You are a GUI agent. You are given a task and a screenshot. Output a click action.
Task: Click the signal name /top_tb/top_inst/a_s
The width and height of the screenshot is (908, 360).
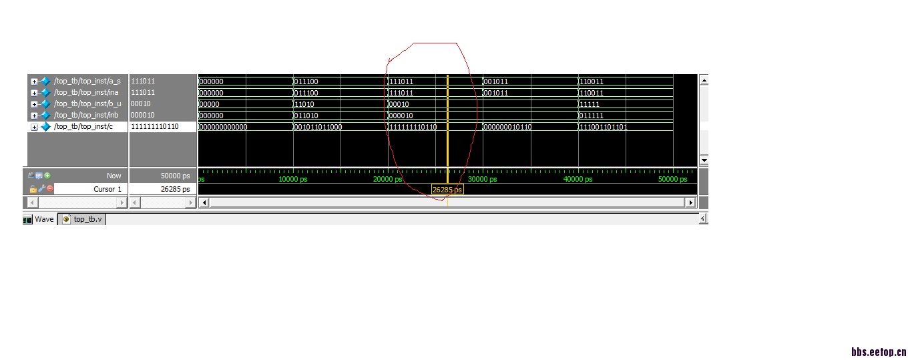tap(87, 81)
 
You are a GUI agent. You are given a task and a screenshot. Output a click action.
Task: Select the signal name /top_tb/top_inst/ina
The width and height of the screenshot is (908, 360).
tap(86, 92)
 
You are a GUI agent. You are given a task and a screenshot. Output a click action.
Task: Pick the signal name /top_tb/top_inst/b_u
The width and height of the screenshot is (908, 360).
tap(87, 104)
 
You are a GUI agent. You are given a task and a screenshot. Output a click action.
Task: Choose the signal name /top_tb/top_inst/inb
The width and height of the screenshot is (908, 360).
tap(86, 115)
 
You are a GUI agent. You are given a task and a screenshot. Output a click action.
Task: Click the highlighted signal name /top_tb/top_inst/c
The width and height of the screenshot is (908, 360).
tap(83, 126)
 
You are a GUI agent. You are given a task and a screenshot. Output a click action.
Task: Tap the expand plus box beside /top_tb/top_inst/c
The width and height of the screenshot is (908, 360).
tap(34, 127)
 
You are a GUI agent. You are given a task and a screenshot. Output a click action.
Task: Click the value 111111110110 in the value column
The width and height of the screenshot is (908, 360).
tap(154, 126)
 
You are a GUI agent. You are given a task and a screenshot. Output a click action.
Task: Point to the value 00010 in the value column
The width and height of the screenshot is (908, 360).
tap(140, 104)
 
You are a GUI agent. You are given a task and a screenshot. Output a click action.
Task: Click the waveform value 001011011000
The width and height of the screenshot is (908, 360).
tap(318, 127)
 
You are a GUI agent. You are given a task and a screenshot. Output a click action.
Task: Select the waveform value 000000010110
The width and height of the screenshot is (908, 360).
tap(507, 127)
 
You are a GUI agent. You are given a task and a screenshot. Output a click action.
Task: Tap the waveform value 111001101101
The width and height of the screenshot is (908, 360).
tap(603, 127)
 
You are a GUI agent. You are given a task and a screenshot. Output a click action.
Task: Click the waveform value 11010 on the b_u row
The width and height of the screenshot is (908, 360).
tap(304, 104)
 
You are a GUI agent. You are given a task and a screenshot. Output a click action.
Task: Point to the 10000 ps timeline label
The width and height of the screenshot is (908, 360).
tap(292, 179)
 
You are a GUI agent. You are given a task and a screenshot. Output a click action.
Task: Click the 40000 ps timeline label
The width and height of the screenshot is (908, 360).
tap(578, 179)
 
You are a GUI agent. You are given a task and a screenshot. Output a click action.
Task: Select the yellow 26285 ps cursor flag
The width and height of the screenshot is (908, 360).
tap(447, 189)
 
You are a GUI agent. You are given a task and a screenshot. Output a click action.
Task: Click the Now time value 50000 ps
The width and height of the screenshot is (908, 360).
tap(175, 176)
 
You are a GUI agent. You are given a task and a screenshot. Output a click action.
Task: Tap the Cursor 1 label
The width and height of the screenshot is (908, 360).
tap(107, 189)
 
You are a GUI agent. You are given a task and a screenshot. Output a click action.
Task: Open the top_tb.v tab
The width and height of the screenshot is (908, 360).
tap(83, 219)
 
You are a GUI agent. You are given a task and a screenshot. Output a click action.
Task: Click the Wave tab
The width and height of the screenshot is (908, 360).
tap(39, 219)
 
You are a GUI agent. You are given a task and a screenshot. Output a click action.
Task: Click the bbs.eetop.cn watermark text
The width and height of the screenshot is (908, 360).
tap(879, 352)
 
